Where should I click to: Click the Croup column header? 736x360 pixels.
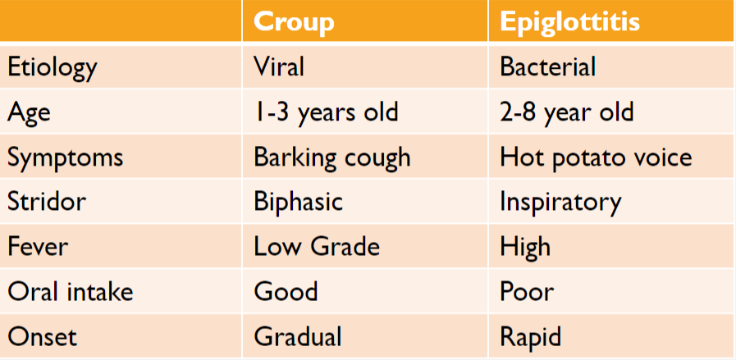click(x=294, y=21)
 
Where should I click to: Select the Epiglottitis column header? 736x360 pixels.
click(x=569, y=21)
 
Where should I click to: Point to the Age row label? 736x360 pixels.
click(x=29, y=112)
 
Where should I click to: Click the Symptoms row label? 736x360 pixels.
click(x=65, y=157)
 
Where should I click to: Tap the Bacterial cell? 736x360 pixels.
click(x=547, y=66)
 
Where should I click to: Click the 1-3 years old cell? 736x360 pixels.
click(x=326, y=112)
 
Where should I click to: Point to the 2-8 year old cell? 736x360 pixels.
click(x=566, y=112)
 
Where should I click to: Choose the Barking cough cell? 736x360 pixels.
click(x=331, y=157)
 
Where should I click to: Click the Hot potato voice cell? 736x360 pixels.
click(x=596, y=157)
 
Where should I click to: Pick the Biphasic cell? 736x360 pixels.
click(x=298, y=201)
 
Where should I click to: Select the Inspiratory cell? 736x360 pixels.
click(x=560, y=201)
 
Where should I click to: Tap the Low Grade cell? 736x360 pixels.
click(x=317, y=246)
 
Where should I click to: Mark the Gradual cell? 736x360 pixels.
click(x=297, y=335)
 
